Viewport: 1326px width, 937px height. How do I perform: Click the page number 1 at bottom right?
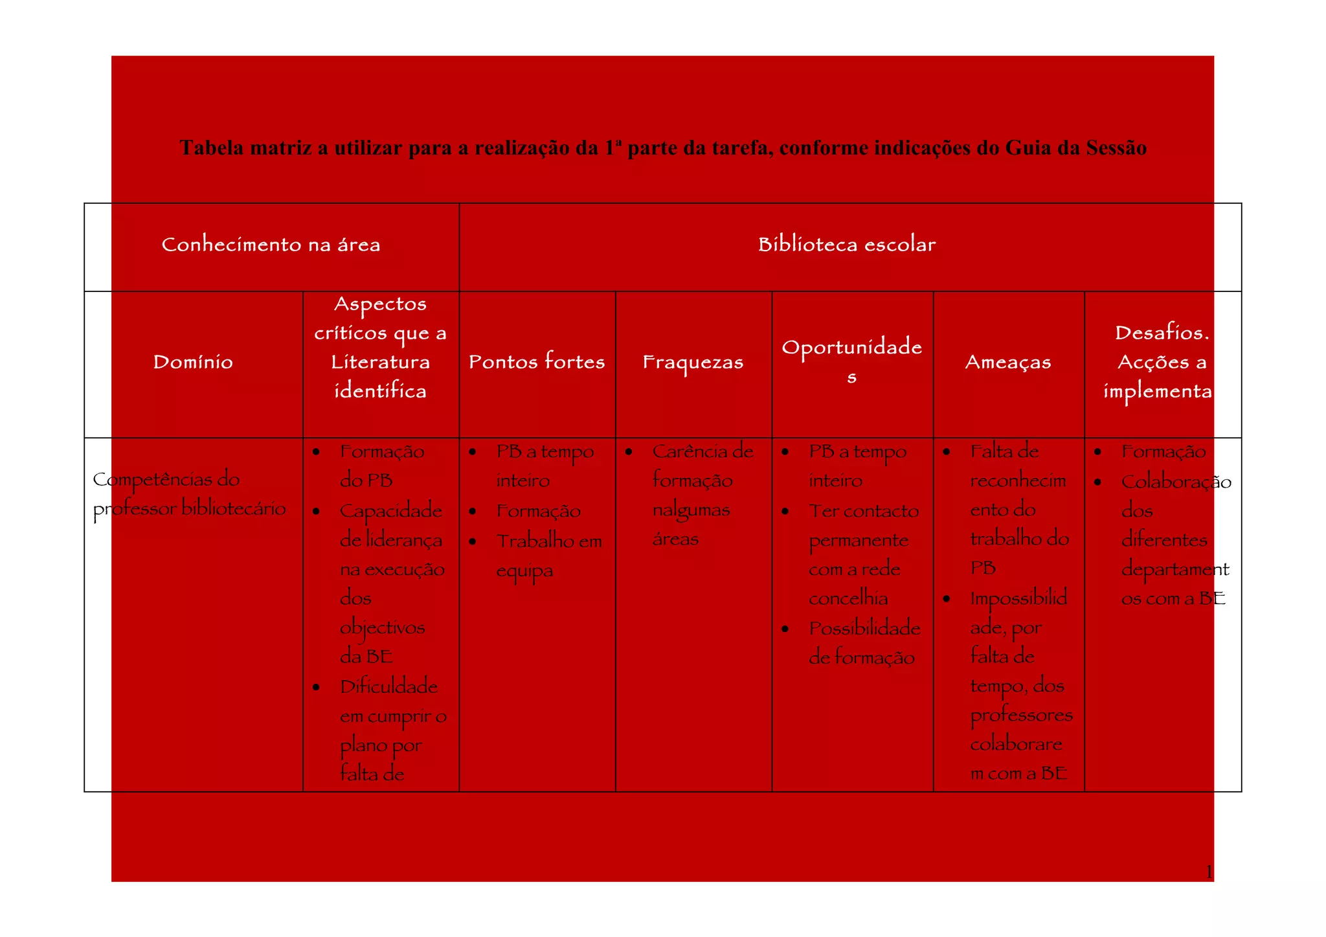(x=1208, y=872)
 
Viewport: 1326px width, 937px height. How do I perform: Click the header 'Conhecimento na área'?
(x=271, y=245)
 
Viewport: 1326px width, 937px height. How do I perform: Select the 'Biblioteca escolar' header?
(x=847, y=245)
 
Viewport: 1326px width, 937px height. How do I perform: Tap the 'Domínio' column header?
(x=193, y=362)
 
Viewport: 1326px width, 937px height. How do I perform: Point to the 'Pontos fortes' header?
(x=537, y=362)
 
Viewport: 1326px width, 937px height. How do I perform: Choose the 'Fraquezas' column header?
(x=693, y=362)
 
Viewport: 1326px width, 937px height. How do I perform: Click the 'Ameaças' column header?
(x=1008, y=362)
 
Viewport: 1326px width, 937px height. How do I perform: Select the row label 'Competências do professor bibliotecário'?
(x=188, y=494)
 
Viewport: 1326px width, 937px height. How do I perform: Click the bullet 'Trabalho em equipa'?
(x=548, y=555)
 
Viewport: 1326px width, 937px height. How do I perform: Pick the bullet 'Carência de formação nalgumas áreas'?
(x=702, y=495)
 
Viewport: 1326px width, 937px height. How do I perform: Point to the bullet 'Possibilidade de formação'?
(x=864, y=642)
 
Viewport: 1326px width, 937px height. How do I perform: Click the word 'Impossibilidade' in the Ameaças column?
(x=1018, y=598)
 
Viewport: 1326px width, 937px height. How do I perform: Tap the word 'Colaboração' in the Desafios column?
(x=1176, y=482)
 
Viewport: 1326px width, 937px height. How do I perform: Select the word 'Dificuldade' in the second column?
(x=388, y=686)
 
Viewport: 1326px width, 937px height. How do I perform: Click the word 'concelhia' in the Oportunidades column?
(x=848, y=598)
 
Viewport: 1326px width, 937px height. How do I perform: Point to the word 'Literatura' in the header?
(x=381, y=362)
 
